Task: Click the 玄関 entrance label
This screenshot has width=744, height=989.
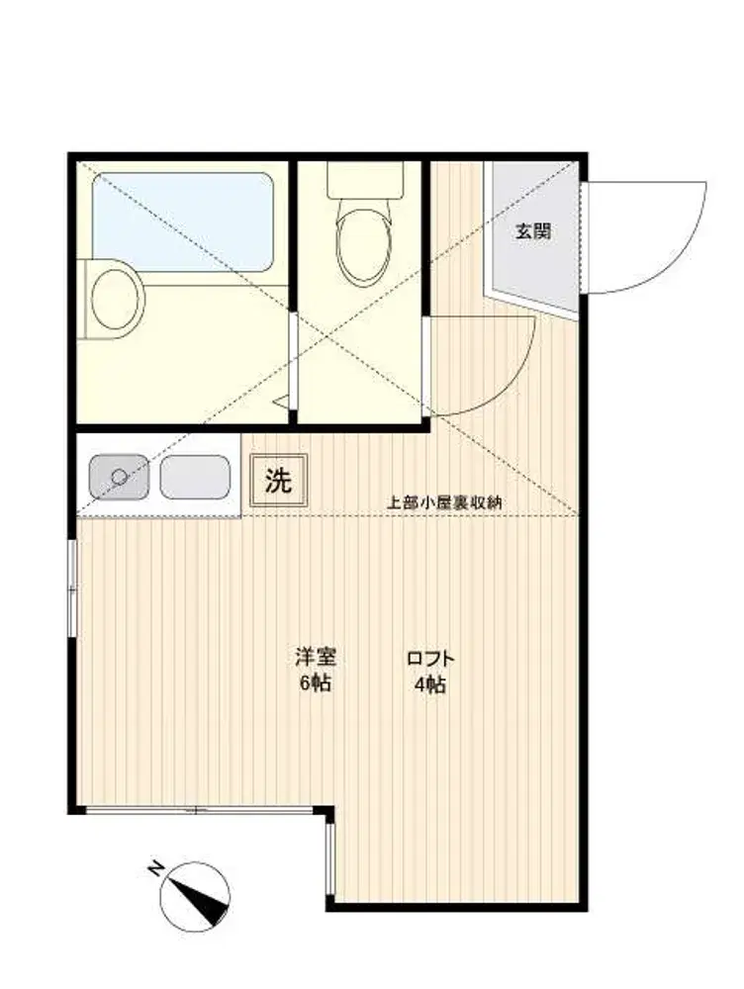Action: point(532,231)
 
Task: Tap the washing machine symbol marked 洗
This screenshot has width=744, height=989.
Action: point(278,482)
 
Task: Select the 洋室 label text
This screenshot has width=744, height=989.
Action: point(315,658)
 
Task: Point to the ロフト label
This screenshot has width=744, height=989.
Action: point(430,659)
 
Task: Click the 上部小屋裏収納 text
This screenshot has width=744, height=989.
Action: point(443,502)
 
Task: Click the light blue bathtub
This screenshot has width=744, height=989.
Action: point(183,222)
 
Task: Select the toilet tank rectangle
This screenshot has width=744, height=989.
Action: point(365,180)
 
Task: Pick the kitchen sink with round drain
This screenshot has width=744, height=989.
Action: point(119,477)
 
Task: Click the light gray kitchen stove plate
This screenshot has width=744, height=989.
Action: point(194,477)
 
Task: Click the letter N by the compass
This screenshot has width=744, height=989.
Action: point(154,869)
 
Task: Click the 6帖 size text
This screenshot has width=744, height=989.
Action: point(315,683)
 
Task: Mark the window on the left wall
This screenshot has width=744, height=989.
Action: point(72,587)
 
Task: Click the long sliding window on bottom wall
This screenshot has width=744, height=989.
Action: point(200,811)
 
